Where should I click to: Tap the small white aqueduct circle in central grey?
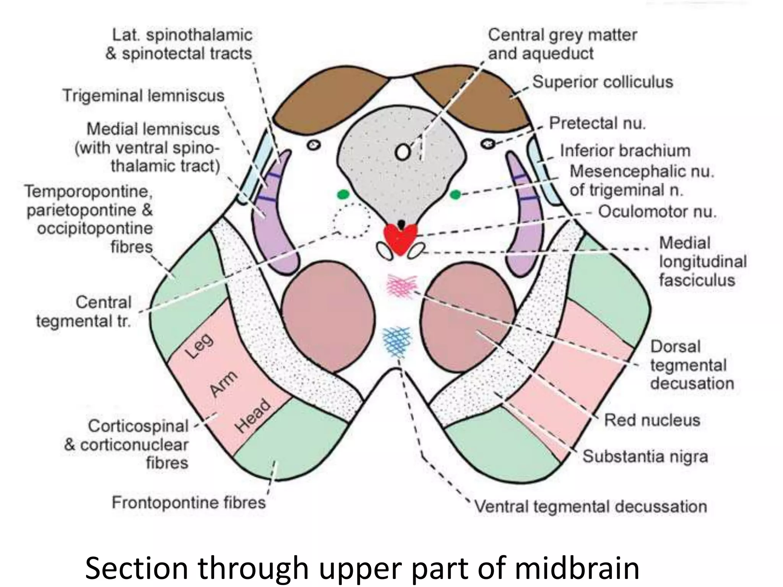pyautogui.click(x=403, y=152)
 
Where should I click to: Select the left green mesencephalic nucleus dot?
pyautogui.click(x=343, y=195)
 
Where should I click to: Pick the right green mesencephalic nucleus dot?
pyautogui.click(x=455, y=195)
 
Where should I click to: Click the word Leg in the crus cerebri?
pyautogui.click(x=200, y=346)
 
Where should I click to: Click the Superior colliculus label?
pyautogui.click(x=603, y=82)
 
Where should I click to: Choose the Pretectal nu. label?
pyautogui.click(x=597, y=123)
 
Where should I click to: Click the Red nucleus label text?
pyautogui.click(x=652, y=420)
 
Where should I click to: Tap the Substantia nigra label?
pyautogui.click(x=645, y=456)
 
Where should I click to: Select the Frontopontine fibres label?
pyautogui.click(x=188, y=502)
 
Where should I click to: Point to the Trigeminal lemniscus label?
pyautogui.click(x=143, y=96)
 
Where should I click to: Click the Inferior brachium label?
pyautogui.click(x=625, y=151)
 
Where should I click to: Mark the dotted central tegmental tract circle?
pyautogui.click(x=351, y=221)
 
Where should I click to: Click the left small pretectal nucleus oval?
pyautogui.click(x=314, y=145)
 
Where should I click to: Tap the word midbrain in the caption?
pyautogui.click(x=577, y=569)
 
